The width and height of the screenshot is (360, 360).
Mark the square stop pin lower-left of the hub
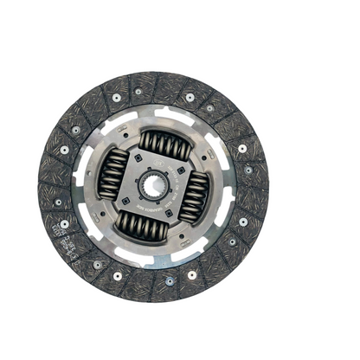[125, 203]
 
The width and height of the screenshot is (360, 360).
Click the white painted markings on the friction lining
[64, 232]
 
